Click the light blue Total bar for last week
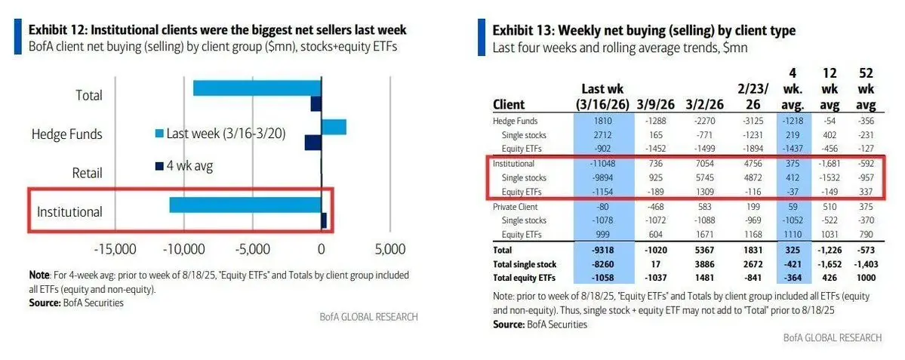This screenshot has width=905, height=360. (257, 88)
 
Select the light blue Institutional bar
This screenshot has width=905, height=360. (245, 204)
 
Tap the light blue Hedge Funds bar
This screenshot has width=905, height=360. (334, 127)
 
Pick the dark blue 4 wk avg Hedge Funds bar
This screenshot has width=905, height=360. (313, 142)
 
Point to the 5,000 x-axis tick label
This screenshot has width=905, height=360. (389, 250)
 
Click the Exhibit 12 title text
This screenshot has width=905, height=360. (217, 30)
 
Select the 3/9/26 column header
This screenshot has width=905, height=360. (647, 103)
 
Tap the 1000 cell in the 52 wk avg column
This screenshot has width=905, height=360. (866, 276)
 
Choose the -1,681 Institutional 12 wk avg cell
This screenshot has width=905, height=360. (824, 163)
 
